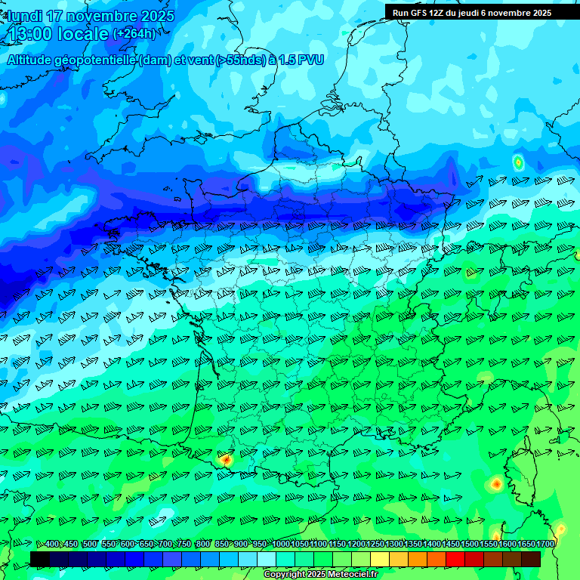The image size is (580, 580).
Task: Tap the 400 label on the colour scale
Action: point(51,545)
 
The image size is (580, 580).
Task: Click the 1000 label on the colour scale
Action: point(280,545)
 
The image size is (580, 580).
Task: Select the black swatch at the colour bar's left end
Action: point(40,559)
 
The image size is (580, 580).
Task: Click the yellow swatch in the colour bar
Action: point(380,559)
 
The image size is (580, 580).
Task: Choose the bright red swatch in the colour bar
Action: point(455,559)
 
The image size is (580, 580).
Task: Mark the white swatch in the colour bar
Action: point(267,559)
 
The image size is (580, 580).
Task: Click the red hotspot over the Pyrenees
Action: point(226,458)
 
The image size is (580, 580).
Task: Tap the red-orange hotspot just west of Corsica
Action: point(496,483)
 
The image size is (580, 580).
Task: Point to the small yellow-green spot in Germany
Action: point(518,162)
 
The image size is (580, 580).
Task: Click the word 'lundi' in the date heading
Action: point(24,16)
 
